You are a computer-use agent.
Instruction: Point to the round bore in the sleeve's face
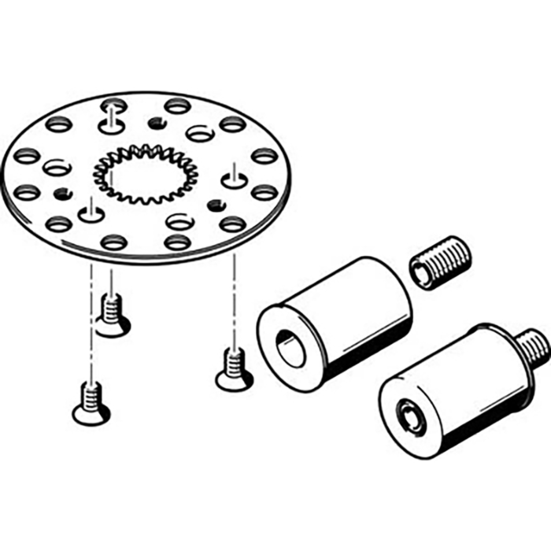click(x=291, y=349)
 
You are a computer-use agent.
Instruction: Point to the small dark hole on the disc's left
click(x=57, y=193)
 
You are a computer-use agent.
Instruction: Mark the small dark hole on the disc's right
click(x=212, y=205)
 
